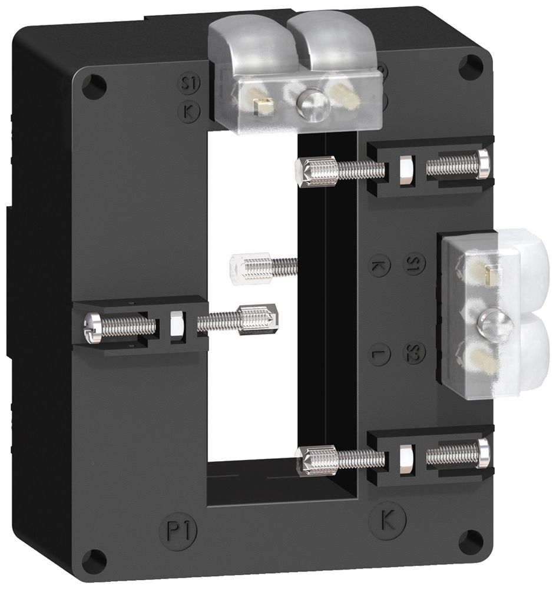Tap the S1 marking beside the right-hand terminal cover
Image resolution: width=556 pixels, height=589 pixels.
click(414, 263)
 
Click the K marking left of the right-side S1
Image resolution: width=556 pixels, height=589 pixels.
click(379, 266)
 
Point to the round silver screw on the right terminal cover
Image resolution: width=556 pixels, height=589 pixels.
click(491, 323)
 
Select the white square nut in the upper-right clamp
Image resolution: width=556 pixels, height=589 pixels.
click(405, 168)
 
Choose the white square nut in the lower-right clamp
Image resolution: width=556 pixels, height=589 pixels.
click(405, 456)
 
